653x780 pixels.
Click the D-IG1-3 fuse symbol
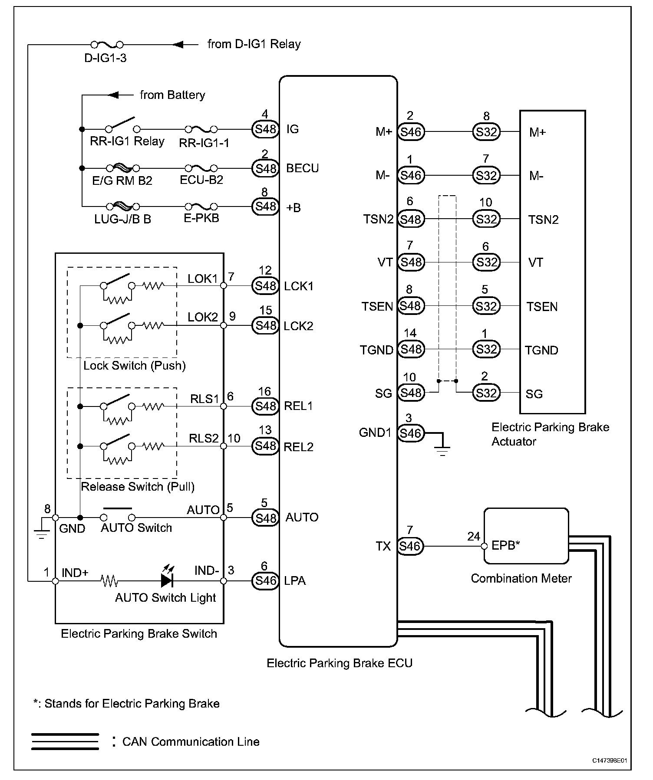(x=107, y=45)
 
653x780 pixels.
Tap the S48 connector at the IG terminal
(x=265, y=129)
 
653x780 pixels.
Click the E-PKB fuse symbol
(x=201, y=206)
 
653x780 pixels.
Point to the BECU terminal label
(x=302, y=168)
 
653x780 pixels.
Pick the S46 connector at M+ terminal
(x=411, y=132)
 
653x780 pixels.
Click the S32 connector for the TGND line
(x=486, y=349)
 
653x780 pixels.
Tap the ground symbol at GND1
(x=442, y=449)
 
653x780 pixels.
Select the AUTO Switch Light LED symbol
(x=167, y=580)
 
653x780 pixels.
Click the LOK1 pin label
(x=202, y=279)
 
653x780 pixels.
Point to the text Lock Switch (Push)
(x=135, y=366)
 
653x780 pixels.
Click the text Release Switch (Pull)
(x=138, y=487)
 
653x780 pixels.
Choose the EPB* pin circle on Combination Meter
(x=485, y=546)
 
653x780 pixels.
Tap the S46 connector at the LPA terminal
(x=265, y=580)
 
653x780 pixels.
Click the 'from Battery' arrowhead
(x=113, y=95)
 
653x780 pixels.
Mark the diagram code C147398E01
(x=609, y=761)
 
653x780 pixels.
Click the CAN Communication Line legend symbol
(x=65, y=741)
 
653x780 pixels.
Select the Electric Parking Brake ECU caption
(x=339, y=663)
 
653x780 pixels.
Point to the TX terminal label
(x=383, y=546)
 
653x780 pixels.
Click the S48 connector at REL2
(x=265, y=446)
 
